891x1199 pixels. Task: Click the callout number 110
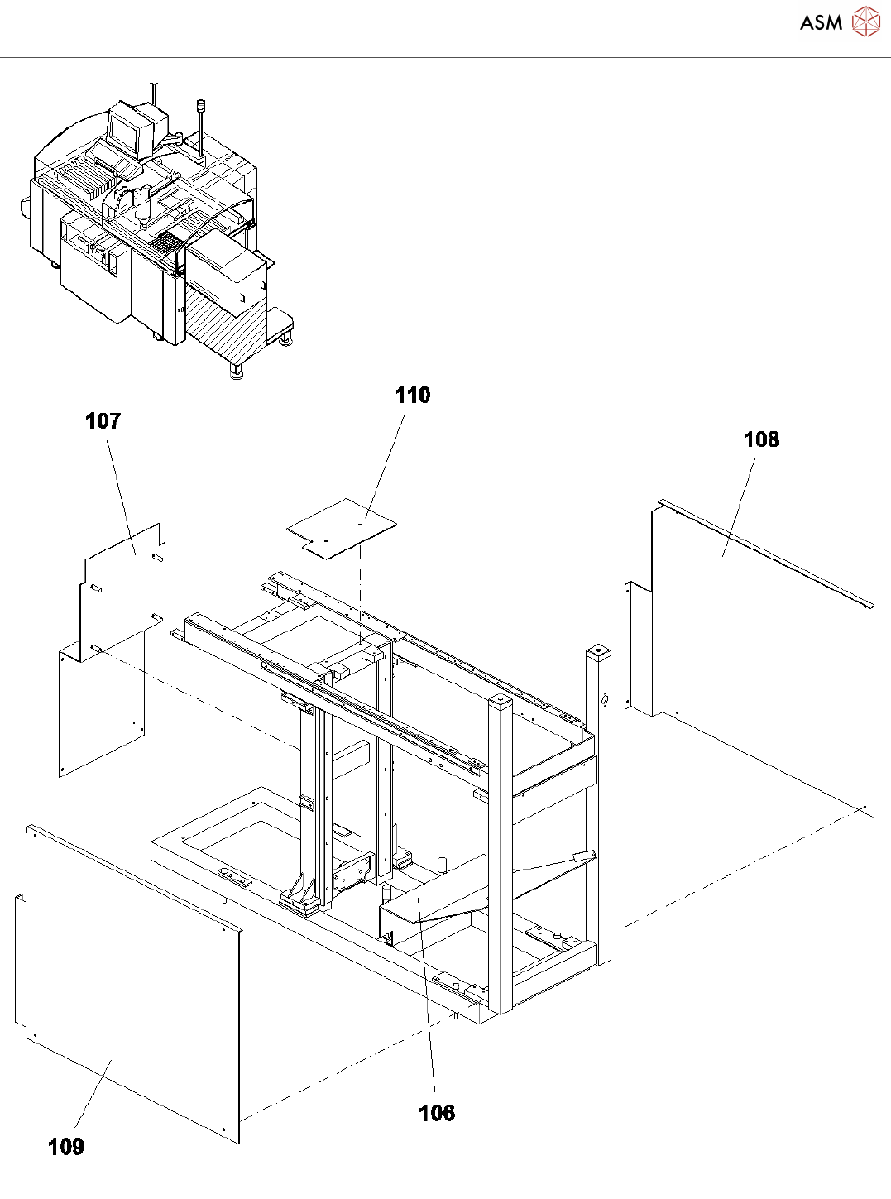coord(412,396)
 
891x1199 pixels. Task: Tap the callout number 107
coord(103,421)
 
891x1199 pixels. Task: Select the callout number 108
coord(761,439)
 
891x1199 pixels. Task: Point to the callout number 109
coord(66,1147)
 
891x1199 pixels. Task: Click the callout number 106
coord(436,1113)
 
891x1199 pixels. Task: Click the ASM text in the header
coord(821,23)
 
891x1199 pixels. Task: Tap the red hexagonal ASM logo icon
coord(865,22)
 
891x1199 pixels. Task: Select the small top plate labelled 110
coord(341,526)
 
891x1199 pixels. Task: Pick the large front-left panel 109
coord(132,985)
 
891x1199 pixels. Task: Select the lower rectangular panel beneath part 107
coord(101,712)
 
